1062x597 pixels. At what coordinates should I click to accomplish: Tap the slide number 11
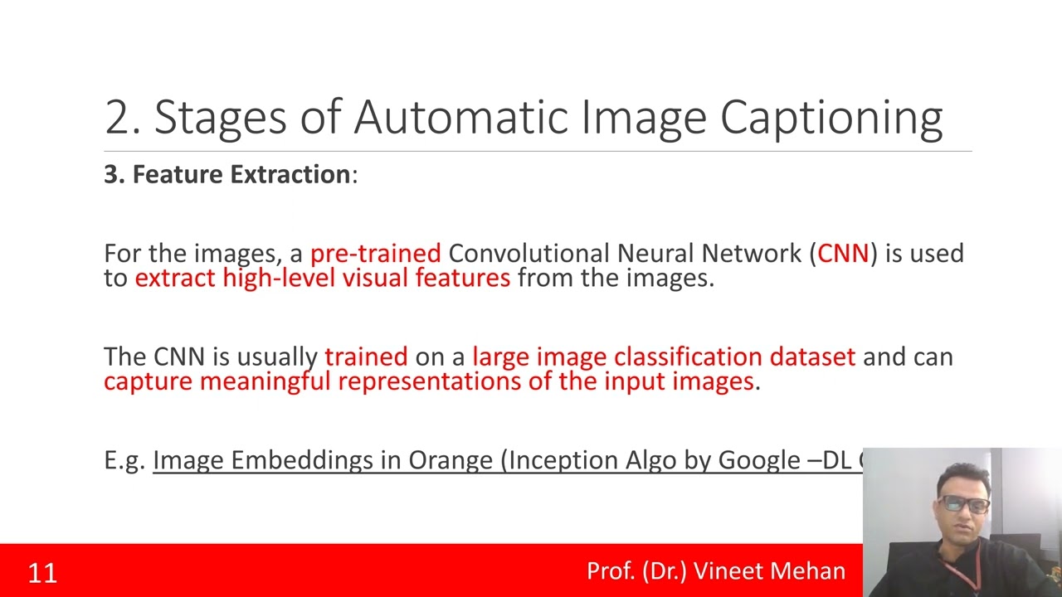click(x=42, y=573)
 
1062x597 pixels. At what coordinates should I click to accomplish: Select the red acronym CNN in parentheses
click(x=843, y=253)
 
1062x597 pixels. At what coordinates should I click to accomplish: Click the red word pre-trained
click(x=375, y=253)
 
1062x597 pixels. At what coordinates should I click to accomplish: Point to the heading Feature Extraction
click(x=241, y=174)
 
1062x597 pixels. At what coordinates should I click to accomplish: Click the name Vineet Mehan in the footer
click(x=769, y=571)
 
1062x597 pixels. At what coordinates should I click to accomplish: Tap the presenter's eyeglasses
click(x=964, y=503)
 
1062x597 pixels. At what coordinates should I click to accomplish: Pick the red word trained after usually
click(x=366, y=357)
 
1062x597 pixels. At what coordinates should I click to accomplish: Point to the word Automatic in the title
click(x=460, y=117)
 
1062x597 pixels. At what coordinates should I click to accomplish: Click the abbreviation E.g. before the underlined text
click(x=124, y=460)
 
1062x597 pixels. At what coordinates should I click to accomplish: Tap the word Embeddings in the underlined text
click(x=302, y=460)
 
